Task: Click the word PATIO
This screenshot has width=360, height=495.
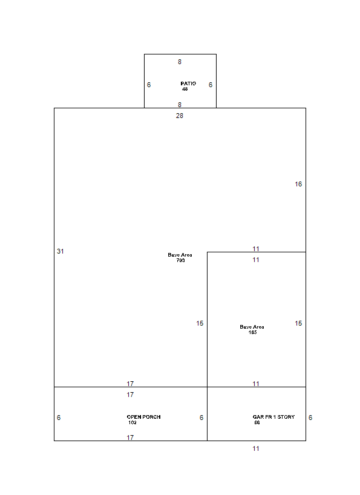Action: click(188, 84)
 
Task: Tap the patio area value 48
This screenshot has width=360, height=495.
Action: click(185, 89)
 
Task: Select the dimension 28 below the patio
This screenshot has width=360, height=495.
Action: click(180, 116)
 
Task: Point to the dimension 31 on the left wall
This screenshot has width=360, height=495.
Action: click(61, 251)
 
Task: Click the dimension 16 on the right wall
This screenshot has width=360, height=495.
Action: click(298, 184)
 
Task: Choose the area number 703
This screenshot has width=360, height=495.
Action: click(180, 260)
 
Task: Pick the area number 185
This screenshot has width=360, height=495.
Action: click(252, 332)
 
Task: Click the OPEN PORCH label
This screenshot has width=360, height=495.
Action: click(143, 417)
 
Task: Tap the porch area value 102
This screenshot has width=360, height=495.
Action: click(133, 422)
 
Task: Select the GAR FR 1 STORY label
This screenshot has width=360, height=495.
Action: click(273, 417)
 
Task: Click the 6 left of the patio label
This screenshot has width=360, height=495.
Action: click(149, 85)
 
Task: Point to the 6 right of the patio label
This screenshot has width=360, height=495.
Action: click(211, 85)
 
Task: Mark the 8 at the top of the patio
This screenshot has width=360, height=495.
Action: click(180, 62)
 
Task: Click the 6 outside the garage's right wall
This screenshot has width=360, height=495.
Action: click(310, 418)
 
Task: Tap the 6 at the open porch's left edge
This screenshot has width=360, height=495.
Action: click(59, 418)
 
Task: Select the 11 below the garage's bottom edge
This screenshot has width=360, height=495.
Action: click(256, 448)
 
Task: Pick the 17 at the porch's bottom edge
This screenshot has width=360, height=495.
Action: click(130, 438)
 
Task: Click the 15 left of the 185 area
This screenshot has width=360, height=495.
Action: click(200, 323)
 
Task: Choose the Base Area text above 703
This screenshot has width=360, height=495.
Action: click(180, 255)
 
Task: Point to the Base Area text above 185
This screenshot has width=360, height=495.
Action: click(252, 327)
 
